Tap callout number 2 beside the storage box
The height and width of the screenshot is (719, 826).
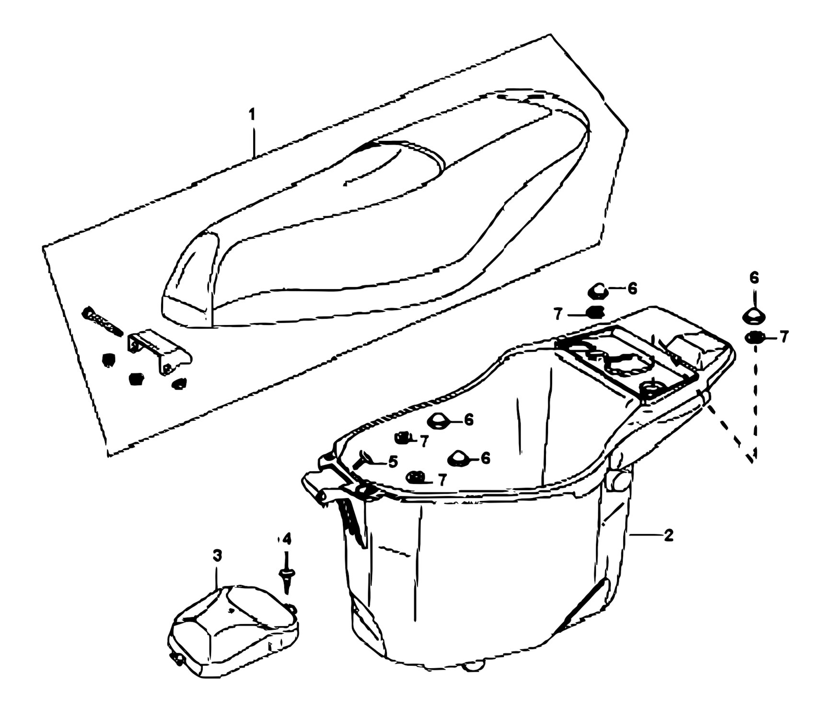668,535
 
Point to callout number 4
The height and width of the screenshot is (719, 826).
286,539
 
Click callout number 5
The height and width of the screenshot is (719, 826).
393,462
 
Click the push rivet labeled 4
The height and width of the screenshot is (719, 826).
287,573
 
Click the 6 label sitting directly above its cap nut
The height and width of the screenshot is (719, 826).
754,278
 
